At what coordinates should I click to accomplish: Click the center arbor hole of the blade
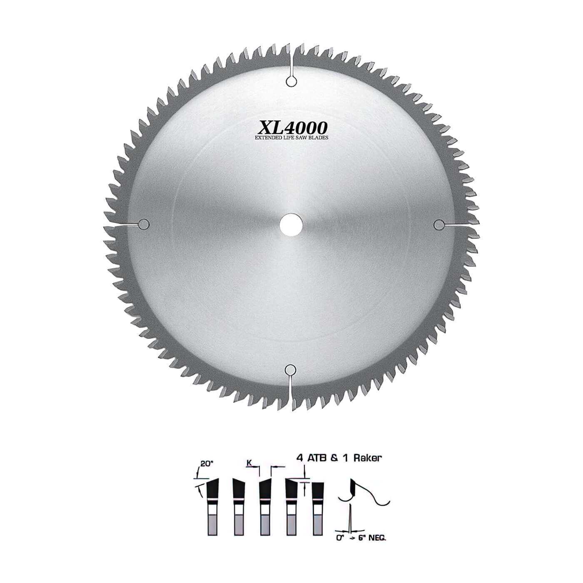tap(291, 224)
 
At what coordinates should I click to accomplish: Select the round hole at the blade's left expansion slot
tap(144, 224)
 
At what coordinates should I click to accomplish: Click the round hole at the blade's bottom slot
tap(291, 369)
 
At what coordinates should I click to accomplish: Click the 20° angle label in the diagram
tap(206, 463)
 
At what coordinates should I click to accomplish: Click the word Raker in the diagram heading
tap(368, 458)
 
